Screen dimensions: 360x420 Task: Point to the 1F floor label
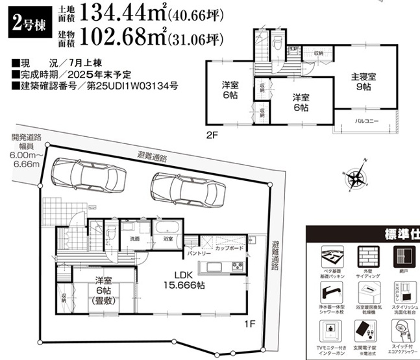[x=249, y=322]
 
